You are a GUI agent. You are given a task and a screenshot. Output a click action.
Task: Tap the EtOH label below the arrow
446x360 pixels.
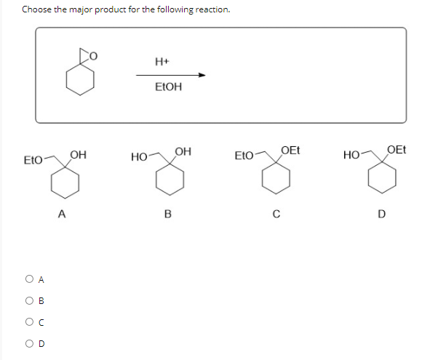pyautogui.click(x=168, y=87)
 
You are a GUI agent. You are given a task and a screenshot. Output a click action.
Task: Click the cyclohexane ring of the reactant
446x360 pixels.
pyautogui.click(x=79, y=80)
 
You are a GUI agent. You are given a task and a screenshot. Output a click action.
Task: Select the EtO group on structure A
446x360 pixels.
pyautogui.click(x=32, y=158)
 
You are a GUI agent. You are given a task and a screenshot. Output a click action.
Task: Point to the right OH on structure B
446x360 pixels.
pyautogui.click(x=183, y=151)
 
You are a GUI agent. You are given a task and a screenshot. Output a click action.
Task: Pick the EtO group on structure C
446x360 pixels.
pyautogui.click(x=244, y=156)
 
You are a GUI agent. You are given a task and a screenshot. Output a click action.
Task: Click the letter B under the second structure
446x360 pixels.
pyautogui.click(x=168, y=214)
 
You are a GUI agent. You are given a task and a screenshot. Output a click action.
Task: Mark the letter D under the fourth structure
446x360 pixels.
pyautogui.click(x=381, y=213)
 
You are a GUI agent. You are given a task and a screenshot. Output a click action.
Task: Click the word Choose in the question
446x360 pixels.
pyautogui.click(x=38, y=9)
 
